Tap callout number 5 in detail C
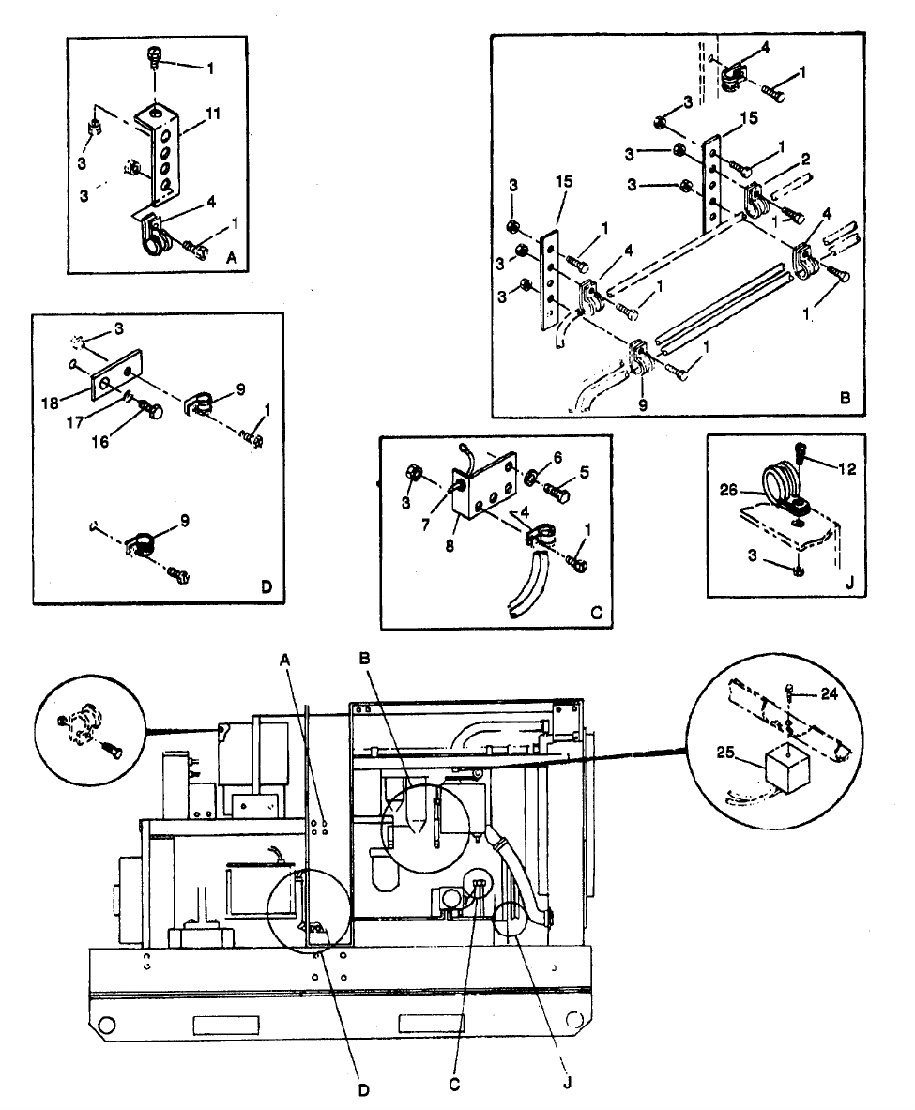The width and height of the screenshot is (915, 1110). pos(585,473)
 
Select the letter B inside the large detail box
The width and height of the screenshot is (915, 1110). pos(845,398)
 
